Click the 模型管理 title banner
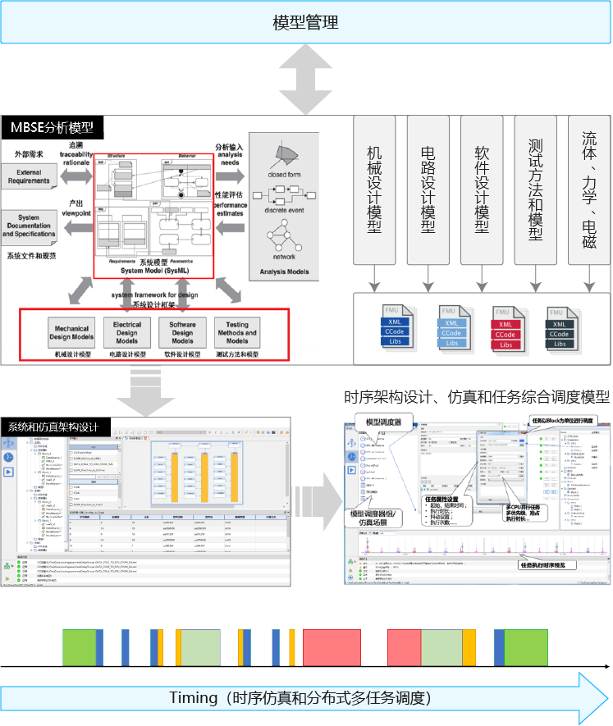pos(305,22)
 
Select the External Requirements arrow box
pos(30,176)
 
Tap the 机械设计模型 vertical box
pos(374,189)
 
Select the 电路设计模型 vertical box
pos(428,189)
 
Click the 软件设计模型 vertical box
pos(482,189)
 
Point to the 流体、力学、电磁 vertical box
pos(589,189)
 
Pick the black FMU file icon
pos(559,326)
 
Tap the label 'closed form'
pos(283,175)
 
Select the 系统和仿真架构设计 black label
pos(54,427)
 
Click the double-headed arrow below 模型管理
pos(305,80)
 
